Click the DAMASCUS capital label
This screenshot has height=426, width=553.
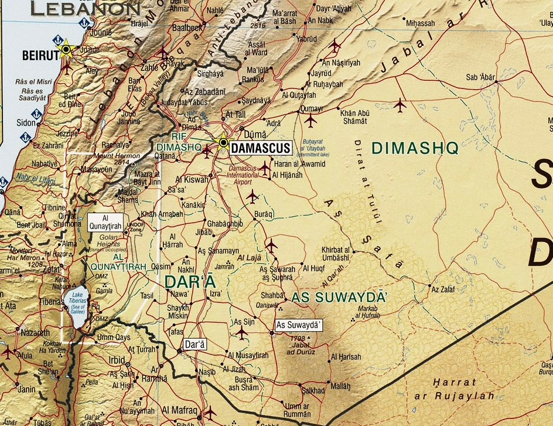260,148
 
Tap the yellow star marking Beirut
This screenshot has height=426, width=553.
66,49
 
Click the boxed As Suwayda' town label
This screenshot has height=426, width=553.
299,325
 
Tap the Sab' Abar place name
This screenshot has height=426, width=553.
479,77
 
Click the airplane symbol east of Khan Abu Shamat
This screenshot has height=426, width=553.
400,105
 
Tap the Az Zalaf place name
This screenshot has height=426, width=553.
442,289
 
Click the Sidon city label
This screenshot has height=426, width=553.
26,122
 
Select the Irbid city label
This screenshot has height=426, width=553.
118,359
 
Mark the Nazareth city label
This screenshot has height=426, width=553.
35,332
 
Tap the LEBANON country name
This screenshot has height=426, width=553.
86,9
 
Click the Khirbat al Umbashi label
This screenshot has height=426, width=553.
336,253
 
